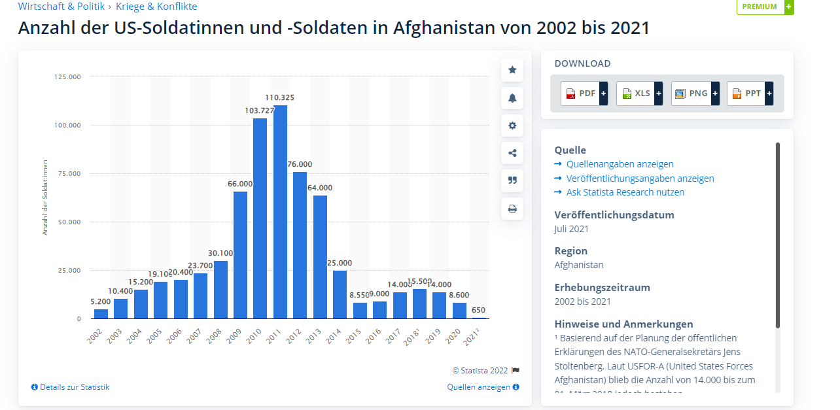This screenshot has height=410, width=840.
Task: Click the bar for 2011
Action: [280, 212]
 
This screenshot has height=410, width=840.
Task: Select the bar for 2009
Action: [240, 255]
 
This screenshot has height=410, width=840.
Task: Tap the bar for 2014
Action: [340, 294]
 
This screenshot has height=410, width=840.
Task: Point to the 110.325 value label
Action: [280, 97]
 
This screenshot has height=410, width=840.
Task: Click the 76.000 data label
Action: [300, 164]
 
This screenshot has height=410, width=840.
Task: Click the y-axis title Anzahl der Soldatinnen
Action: [45, 197]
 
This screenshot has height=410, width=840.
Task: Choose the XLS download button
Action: [640, 94]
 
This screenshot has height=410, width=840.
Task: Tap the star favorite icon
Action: [512, 70]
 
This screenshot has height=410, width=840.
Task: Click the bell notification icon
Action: [512, 98]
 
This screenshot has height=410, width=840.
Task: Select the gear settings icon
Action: [512, 126]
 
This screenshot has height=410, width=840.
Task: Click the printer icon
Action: [512, 209]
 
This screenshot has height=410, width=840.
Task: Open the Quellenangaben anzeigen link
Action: [620, 164]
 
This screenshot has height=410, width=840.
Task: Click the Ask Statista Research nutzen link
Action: [625, 192]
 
